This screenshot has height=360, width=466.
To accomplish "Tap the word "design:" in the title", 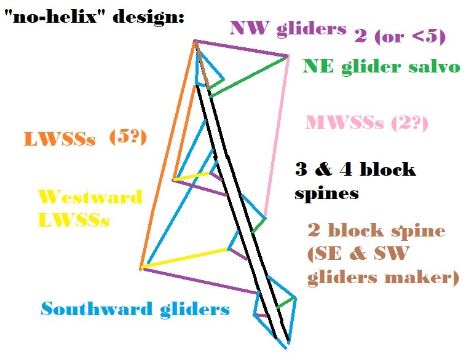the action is [149, 17].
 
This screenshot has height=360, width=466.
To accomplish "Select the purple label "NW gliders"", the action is [288, 29].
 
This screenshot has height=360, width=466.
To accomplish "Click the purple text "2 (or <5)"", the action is [400, 37].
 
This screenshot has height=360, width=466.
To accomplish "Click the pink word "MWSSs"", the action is [344, 122].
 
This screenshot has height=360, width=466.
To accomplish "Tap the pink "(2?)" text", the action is [409, 123].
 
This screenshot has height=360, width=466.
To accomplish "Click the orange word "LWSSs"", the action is [60, 139].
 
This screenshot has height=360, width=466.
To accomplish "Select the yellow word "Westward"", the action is [90, 197].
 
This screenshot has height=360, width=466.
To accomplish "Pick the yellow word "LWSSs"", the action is [74, 220].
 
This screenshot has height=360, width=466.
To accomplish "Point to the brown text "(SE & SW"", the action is [358, 254].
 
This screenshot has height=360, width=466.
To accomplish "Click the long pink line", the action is [277, 136].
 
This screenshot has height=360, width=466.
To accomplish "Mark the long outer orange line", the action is [168, 155].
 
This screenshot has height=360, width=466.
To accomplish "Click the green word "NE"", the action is [318, 66].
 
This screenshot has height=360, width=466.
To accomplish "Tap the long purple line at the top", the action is [241, 48].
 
